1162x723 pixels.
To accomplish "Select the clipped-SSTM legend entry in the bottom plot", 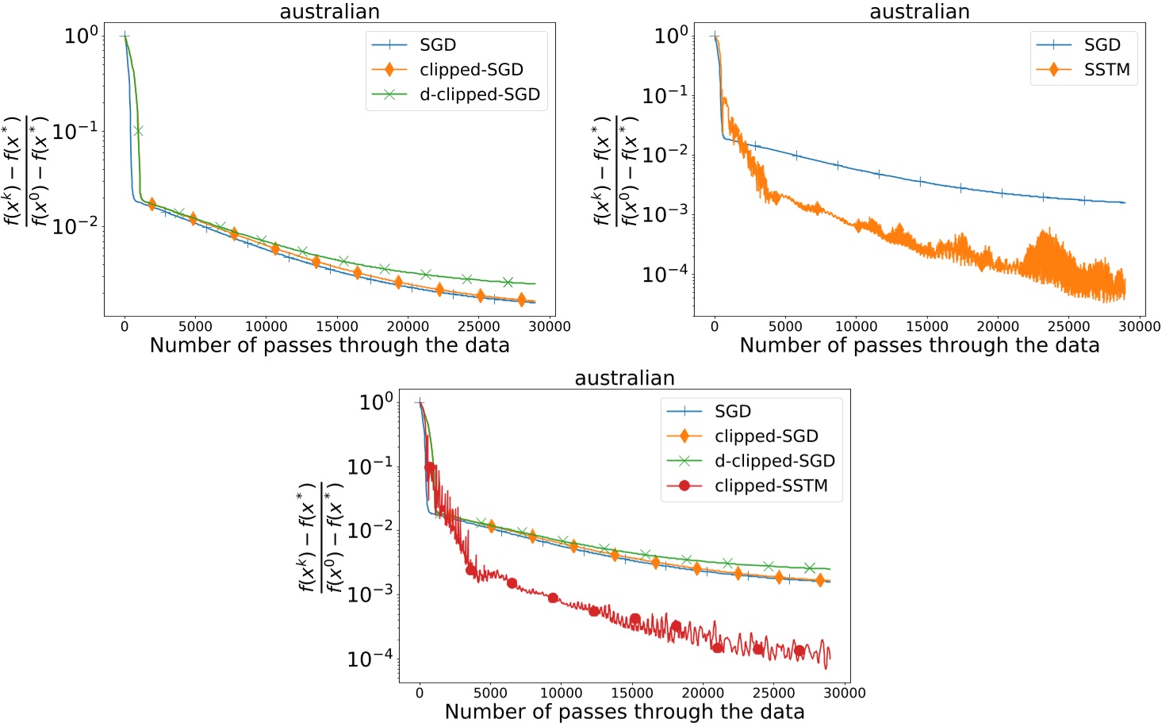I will pos(770,486).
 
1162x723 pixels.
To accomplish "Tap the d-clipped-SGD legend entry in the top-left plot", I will pos(479,94).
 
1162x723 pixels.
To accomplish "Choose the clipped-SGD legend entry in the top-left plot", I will pos(471,70).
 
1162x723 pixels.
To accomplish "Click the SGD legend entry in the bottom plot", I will pos(732,411).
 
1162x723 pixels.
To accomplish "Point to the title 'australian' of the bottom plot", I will pos(624,378).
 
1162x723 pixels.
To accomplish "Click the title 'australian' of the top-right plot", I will pos(919,12).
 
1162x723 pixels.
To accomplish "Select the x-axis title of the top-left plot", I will pos(329,345).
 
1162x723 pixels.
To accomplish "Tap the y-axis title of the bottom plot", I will pos(320,537).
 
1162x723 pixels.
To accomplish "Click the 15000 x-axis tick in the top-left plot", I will pos(336,326).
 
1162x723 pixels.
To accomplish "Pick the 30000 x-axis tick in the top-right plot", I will pos(1139,326).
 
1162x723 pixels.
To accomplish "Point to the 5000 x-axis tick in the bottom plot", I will pos(490,693).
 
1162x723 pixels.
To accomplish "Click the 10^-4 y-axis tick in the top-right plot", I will pos(665,275).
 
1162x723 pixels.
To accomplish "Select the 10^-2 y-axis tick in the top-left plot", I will pos(75,226).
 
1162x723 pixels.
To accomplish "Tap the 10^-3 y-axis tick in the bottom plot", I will pos(370,594).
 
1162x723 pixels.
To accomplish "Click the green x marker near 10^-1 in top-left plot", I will pos(138,131).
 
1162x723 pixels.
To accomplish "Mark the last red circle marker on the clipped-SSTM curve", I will pos(800,651).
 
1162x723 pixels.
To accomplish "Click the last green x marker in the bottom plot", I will pos(810,567).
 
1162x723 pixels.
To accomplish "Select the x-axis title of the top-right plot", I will pos(919,345).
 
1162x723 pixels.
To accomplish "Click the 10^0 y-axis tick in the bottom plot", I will pos(376,402).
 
